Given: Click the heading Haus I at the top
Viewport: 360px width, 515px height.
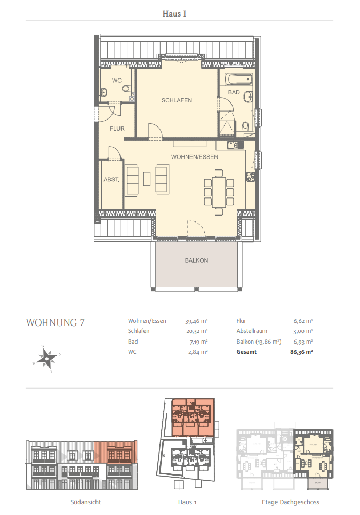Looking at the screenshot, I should tap(174, 13).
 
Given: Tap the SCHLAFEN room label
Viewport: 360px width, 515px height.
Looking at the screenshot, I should tap(177, 100).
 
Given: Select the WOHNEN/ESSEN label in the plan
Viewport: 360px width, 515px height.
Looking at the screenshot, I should tap(195, 157).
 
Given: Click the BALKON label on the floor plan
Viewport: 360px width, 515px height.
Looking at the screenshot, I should tap(196, 260).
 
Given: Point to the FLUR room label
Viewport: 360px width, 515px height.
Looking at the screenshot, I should tap(117, 129).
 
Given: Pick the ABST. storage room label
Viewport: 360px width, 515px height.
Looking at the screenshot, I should tap(111, 180).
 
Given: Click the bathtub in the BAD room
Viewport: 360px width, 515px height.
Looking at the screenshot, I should tap(237, 80).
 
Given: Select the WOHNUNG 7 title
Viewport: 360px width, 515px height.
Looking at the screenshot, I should tap(55, 322).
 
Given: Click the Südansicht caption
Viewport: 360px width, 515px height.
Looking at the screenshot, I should tap(85, 502).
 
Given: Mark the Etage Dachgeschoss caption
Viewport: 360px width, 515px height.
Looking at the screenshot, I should tap(291, 502).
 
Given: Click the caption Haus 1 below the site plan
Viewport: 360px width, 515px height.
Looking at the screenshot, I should tap(187, 502).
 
